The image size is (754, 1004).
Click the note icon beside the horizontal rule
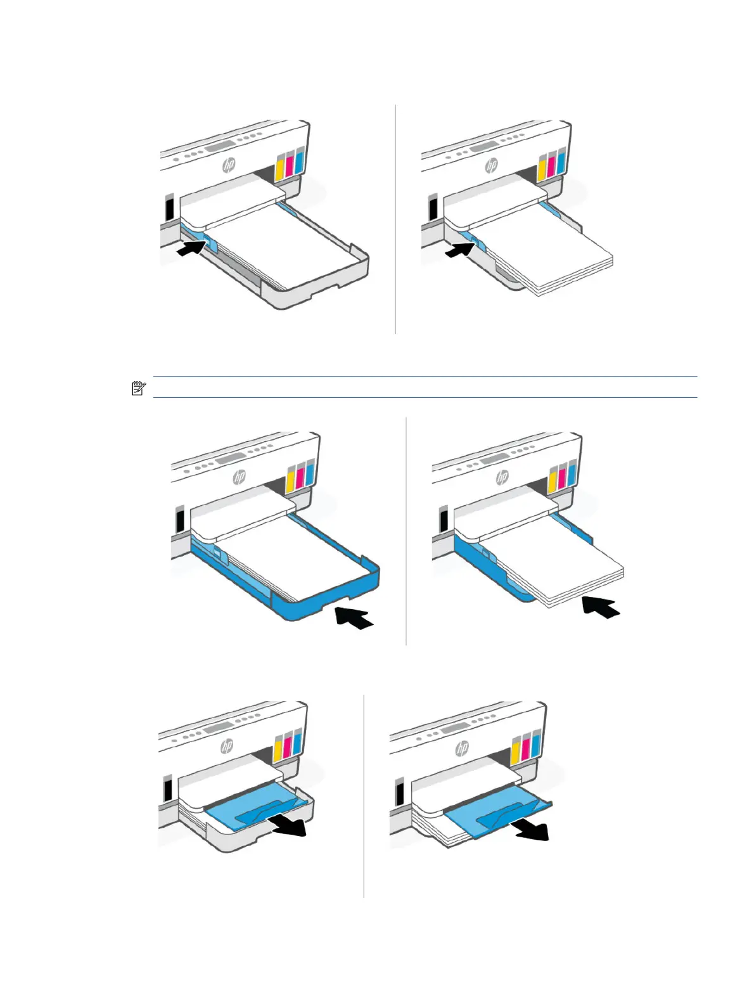click(138, 389)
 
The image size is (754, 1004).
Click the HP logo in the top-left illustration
click(229, 165)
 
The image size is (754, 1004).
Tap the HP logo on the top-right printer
click(491, 165)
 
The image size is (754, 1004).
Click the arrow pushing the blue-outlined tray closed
click(354, 616)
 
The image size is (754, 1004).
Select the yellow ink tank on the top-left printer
click(281, 165)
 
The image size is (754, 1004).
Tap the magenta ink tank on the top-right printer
click(552, 165)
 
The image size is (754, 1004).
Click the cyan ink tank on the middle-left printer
click(309, 473)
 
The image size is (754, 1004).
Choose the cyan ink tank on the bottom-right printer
click(536, 745)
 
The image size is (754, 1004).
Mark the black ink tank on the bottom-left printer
click(167, 788)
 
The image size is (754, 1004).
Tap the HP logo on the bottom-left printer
click(226, 746)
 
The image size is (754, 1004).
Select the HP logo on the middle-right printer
click(502, 477)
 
